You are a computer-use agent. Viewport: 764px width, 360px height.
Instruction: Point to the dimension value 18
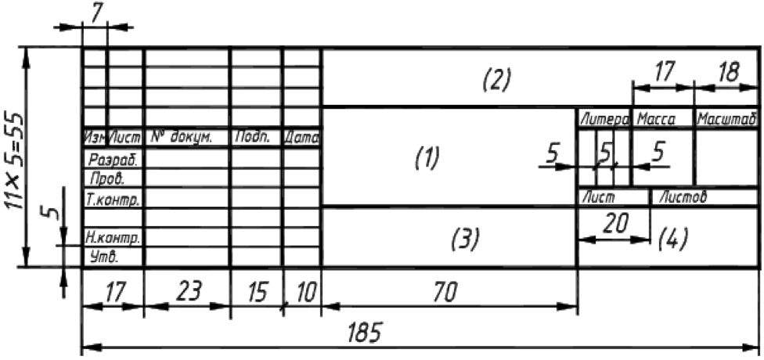pyautogui.click(x=726, y=73)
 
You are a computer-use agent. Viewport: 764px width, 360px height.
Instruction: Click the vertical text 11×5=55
pyautogui.click(x=14, y=156)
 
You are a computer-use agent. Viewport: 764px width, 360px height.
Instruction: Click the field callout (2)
pyautogui.click(x=496, y=78)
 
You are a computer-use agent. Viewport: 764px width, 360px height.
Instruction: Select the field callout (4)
pyautogui.click(x=672, y=238)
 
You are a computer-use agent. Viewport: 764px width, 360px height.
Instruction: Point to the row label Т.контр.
pyautogui.click(x=113, y=200)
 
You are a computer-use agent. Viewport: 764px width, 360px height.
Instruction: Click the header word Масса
pyautogui.click(x=656, y=120)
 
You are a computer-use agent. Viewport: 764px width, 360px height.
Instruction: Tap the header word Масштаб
pyautogui.click(x=726, y=120)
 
